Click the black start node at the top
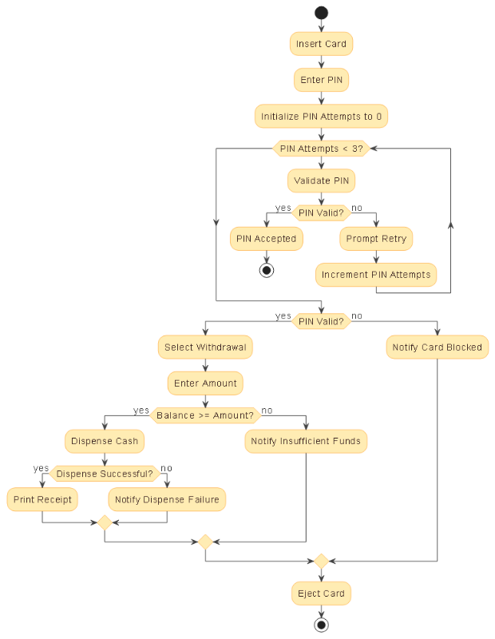coord(321,12)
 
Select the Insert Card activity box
coord(321,44)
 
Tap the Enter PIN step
coord(321,80)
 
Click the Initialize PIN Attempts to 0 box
coord(321,117)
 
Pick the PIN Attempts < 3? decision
coord(321,149)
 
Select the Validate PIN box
coord(321,181)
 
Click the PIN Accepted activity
coord(266,239)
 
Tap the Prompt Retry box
coord(376,239)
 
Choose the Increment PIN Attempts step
coord(376,275)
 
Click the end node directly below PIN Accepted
coord(266,270)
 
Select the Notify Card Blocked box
coord(437,347)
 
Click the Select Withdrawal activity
coord(206,347)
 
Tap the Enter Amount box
coord(206,383)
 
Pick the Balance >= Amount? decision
coord(206,415)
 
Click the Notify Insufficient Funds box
coord(306,441)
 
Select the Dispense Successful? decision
coord(105,474)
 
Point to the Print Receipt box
coord(42,500)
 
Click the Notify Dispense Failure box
coord(167,500)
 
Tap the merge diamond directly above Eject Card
coord(321,561)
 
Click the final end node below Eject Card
coord(321,624)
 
